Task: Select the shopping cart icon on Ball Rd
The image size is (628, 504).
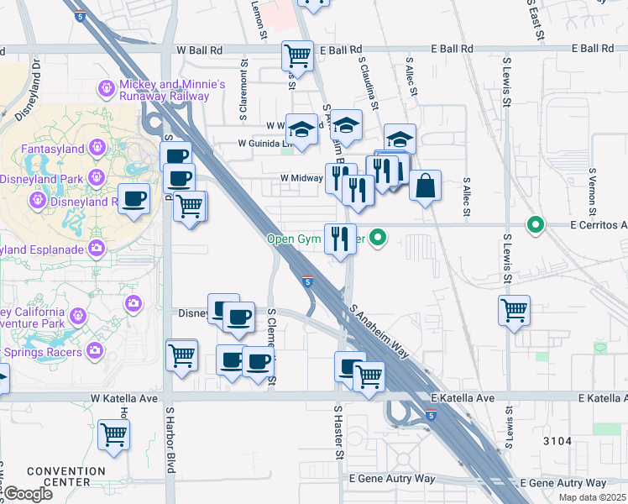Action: (x=298, y=55)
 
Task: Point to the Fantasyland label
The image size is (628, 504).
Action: (x=53, y=149)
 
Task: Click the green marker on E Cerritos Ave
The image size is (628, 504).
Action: (x=534, y=224)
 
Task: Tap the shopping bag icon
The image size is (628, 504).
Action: (x=426, y=185)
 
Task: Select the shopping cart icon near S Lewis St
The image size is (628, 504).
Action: (x=513, y=310)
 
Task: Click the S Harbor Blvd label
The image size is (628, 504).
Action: (x=169, y=440)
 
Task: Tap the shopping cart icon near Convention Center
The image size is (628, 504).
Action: (x=113, y=434)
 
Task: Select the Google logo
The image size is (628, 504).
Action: (x=28, y=494)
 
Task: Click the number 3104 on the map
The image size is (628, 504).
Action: (x=557, y=441)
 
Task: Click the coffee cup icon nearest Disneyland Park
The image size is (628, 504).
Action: (x=134, y=198)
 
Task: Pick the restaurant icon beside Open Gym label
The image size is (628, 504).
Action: (x=340, y=238)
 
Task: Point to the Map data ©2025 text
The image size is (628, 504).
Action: (x=594, y=499)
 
